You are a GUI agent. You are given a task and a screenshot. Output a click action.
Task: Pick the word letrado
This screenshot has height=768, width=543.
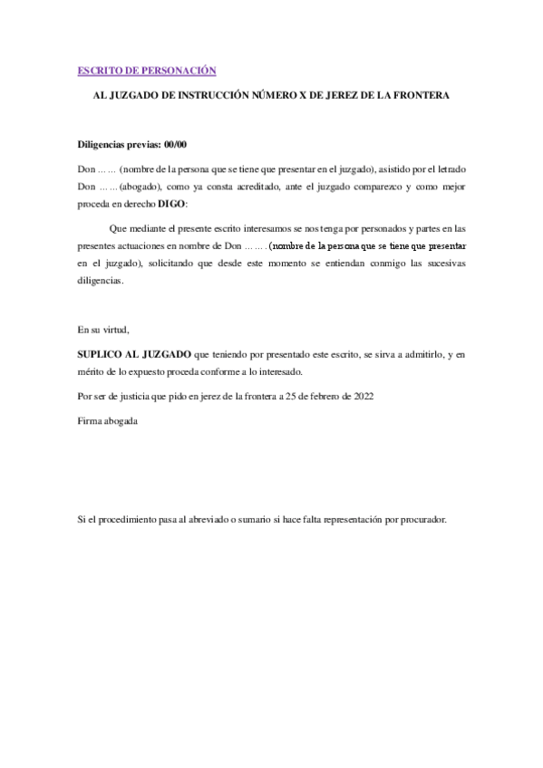pyautogui.click(x=450, y=169)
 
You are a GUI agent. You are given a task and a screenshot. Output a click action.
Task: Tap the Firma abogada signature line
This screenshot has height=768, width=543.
pyautogui.click(x=108, y=421)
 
